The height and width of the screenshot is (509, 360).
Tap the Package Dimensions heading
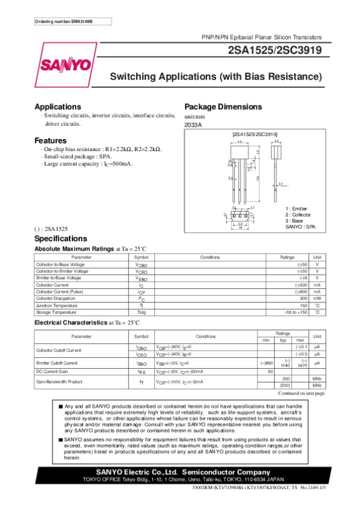pos(223,106)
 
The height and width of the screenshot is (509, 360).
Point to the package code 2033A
pos(193,124)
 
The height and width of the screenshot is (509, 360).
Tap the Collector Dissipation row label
pos(55,298)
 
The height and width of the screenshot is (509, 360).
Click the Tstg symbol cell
pos(141,312)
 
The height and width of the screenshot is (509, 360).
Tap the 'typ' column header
pos(284,341)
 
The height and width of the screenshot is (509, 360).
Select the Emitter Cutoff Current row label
pos(56,363)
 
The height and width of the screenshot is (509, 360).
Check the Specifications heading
pos(61,238)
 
